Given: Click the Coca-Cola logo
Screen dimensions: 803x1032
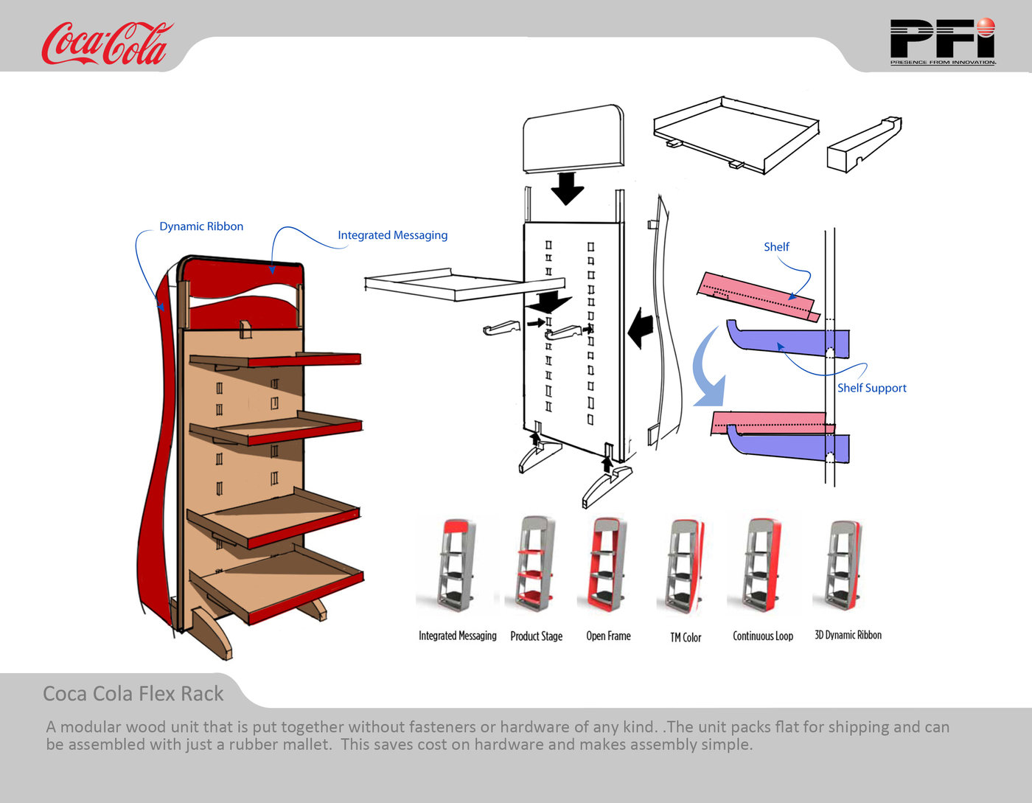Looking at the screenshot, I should pyautogui.click(x=106, y=44).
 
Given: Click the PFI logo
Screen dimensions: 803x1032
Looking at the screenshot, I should pyautogui.click(x=942, y=41).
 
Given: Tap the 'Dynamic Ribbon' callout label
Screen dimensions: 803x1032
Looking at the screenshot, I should pyautogui.click(x=201, y=226).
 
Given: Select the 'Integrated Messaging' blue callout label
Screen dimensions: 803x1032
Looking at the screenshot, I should pyautogui.click(x=392, y=235).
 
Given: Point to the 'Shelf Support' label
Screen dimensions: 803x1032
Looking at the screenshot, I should pyautogui.click(x=871, y=388).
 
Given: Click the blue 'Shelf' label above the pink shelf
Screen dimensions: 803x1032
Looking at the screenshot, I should pyautogui.click(x=776, y=247).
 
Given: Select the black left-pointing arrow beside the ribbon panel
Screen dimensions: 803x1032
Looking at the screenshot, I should pyautogui.click(x=641, y=328).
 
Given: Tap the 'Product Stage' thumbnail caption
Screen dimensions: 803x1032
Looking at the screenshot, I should pyautogui.click(x=536, y=636).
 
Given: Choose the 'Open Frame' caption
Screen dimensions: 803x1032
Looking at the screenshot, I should pyautogui.click(x=608, y=636).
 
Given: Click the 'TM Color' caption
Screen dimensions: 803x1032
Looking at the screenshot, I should pyautogui.click(x=686, y=638).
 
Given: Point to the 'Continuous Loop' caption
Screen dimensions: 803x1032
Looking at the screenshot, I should pyautogui.click(x=763, y=636).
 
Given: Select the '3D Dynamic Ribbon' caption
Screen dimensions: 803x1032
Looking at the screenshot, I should pyautogui.click(x=848, y=635).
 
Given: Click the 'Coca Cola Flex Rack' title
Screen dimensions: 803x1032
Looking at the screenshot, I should pyautogui.click(x=133, y=694).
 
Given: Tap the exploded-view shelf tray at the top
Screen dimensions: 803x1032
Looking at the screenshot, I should pyautogui.click(x=736, y=133).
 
